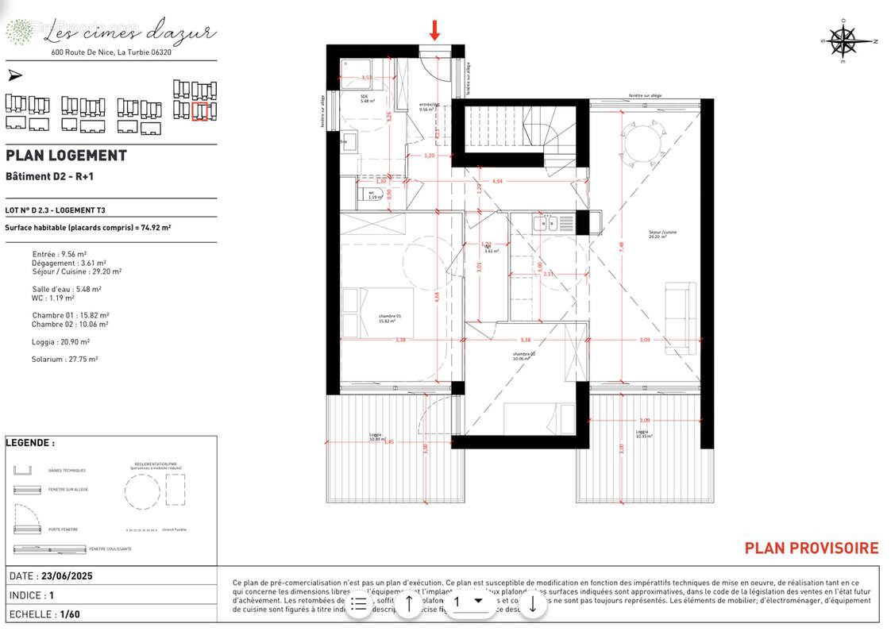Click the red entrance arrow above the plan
tap(434, 30)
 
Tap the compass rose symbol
tap(843, 40)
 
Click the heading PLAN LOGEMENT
tap(66, 156)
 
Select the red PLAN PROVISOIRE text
tap(811, 548)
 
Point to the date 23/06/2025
tap(83, 576)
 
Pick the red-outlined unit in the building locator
tap(199, 111)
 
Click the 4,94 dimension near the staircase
tap(498, 182)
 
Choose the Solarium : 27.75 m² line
tap(64, 360)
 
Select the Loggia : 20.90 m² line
tap(60, 342)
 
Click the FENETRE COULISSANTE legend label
tap(110, 549)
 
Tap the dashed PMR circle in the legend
tap(141, 492)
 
